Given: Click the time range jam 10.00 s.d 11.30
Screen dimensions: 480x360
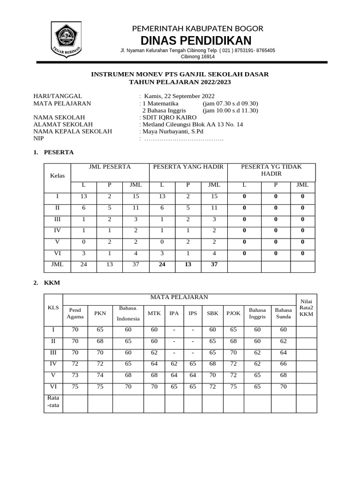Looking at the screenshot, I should [x=230, y=110].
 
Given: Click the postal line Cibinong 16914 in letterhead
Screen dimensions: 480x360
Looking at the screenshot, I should [x=198, y=57].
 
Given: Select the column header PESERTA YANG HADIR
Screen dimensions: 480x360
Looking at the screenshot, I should [x=188, y=167].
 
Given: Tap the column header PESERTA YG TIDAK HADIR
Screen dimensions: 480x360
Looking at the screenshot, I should [x=271, y=170].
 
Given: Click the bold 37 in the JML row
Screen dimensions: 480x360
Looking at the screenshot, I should [x=214, y=264].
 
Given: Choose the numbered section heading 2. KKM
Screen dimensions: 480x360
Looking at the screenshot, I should [x=47, y=283].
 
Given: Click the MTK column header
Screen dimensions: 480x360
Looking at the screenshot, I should [x=154, y=313].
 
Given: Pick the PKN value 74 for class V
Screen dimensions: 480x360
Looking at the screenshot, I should [x=100, y=375].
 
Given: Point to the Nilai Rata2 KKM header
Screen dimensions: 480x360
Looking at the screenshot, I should [x=306, y=307].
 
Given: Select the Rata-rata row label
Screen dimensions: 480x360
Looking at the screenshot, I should [x=53, y=402].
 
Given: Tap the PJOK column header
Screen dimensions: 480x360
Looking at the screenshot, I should [x=233, y=313].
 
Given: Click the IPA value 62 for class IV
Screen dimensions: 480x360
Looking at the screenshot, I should [x=174, y=363].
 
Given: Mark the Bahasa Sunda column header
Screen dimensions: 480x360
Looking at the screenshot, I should [x=283, y=313].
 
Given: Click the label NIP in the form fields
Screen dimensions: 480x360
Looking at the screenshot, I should [x=38, y=138].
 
